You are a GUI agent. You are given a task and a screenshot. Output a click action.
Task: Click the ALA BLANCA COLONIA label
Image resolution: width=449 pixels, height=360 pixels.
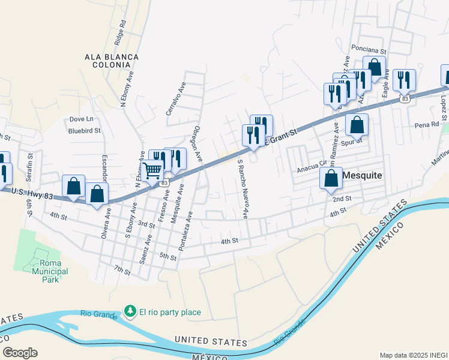112,61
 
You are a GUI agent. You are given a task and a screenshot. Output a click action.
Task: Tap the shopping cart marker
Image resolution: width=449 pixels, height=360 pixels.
152,172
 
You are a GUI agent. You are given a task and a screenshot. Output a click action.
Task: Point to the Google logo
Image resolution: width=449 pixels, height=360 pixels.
20,353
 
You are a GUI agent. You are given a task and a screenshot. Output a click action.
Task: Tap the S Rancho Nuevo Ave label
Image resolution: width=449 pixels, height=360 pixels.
243,188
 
